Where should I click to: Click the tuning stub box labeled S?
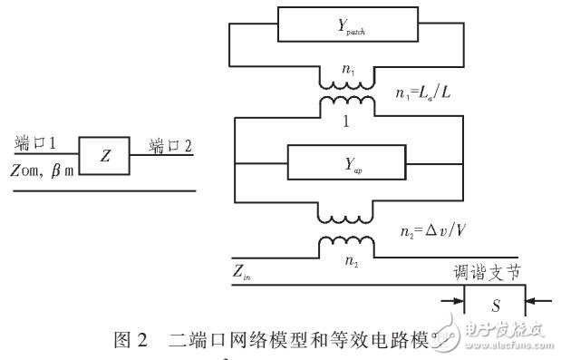click(x=495, y=306)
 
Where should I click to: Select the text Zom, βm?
click(x=43, y=170)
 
